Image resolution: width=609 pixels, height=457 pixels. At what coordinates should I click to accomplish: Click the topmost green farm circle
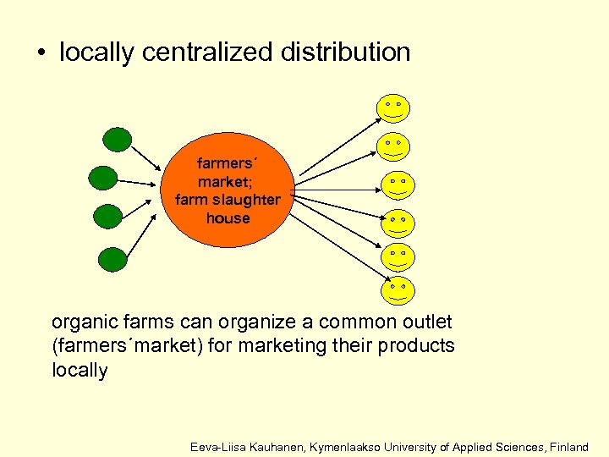click(x=117, y=140)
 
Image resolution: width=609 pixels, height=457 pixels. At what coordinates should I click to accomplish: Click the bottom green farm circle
click(x=112, y=258)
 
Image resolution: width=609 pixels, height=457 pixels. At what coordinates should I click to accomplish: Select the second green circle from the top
click(x=103, y=177)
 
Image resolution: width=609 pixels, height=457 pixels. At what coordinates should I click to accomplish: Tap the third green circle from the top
click(x=108, y=216)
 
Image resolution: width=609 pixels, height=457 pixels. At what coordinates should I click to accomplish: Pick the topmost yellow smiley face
click(x=392, y=107)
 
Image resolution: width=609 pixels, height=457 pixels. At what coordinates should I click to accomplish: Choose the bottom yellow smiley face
click(x=396, y=289)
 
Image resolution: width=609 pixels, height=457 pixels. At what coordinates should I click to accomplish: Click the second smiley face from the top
click(x=392, y=146)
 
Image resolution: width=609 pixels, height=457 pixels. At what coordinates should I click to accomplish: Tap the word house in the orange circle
click(x=228, y=217)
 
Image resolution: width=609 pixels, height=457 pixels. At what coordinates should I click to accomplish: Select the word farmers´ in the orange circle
click(x=226, y=162)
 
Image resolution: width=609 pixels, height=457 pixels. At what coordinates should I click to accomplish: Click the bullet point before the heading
click(x=40, y=53)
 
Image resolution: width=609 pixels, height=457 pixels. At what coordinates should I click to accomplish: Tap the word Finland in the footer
click(x=569, y=446)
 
